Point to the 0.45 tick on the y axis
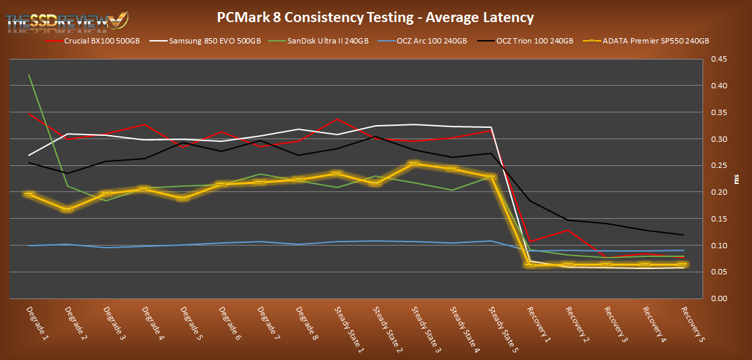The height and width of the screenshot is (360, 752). (719, 59)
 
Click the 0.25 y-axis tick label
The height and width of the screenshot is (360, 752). (719, 165)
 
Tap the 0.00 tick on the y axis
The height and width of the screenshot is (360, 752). (719, 298)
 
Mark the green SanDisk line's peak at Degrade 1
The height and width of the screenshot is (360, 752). (29, 75)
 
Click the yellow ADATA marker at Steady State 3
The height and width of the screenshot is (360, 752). (415, 163)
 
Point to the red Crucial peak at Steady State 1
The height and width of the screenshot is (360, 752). (338, 119)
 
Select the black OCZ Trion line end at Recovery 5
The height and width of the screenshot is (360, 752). (683, 235)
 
